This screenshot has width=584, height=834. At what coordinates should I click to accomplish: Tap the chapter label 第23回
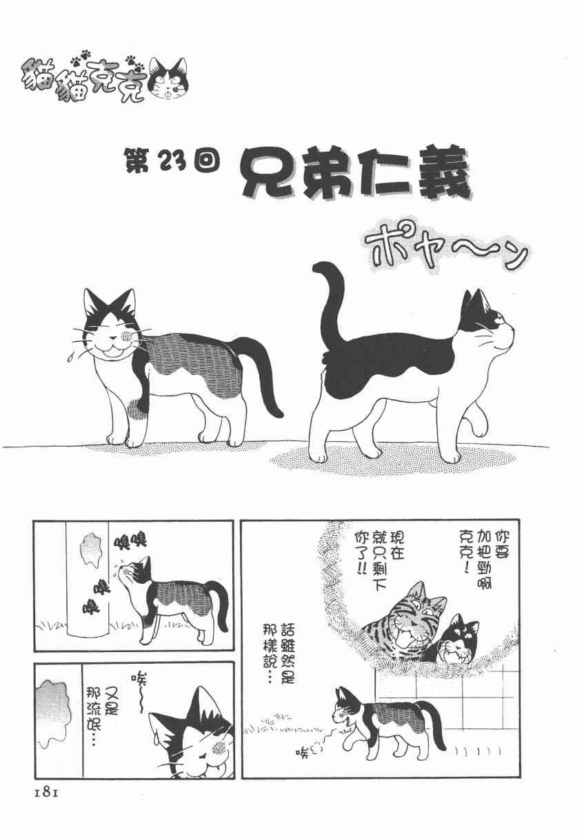[172, 161]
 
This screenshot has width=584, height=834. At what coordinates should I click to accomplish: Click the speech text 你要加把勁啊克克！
[483, 558]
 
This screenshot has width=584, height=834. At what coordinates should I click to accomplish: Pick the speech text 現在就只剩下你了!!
[379, 558]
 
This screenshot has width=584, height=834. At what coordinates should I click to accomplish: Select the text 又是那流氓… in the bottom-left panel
[101, 716]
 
